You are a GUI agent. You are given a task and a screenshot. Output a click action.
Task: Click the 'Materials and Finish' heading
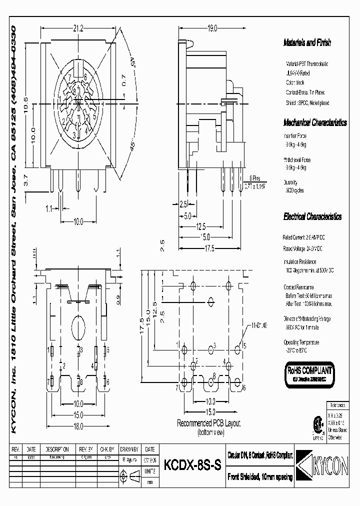[307, 43]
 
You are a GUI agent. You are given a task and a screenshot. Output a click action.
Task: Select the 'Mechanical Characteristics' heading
[315, 122]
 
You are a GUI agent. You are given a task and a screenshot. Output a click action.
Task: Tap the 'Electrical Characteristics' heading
[312, 217]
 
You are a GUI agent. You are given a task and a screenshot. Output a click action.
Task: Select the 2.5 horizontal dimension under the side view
[183, 204]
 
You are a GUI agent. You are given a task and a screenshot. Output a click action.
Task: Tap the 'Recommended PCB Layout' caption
[209, 423]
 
